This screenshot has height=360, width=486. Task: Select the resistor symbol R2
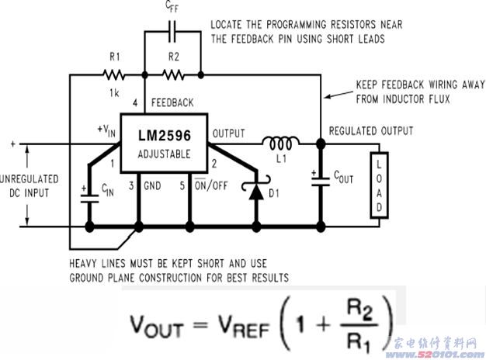173,75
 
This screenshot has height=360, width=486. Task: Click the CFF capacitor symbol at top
173,35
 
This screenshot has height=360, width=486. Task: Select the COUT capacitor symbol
321,179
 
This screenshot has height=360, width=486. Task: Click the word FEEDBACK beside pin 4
172,102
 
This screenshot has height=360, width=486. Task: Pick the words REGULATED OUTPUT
371,130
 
